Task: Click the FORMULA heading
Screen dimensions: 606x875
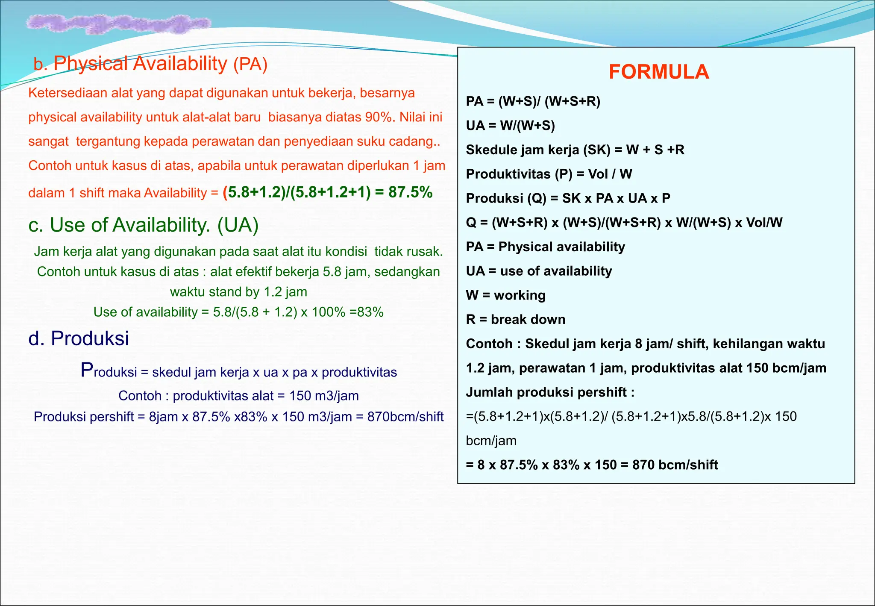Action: (659, 72)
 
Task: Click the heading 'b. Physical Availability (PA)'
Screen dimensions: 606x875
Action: (150, 64)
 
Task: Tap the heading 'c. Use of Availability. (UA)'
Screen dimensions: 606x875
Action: (144, 225)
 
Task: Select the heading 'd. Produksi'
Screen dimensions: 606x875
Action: (79, 338)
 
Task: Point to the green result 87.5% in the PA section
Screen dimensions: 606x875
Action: (410, 192)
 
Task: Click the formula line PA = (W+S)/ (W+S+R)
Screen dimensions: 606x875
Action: (533, 101)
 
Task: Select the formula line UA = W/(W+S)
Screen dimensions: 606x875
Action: (510, 126)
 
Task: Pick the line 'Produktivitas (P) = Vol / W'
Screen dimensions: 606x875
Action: (549, 174)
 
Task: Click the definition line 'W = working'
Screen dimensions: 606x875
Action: (505, 295)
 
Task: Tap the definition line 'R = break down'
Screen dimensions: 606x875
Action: (515, 320)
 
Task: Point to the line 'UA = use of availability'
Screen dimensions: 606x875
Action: (539, 271)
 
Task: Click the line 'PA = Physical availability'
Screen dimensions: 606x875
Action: (545, 247)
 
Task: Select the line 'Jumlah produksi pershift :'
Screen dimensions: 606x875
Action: (550, 392)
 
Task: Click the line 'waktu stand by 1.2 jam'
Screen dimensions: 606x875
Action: (238, 292)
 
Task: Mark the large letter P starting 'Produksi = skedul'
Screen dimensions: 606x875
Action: (87, 370)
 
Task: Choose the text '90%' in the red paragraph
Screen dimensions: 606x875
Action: (378, 117)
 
